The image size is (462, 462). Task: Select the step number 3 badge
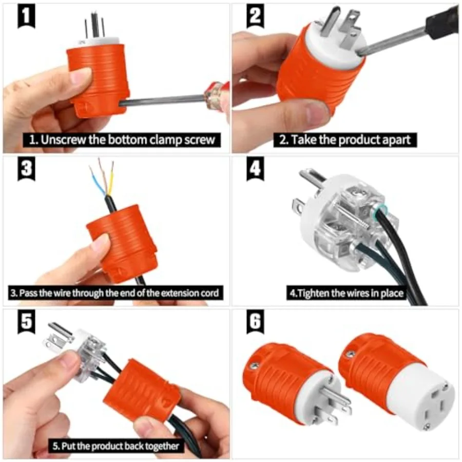click(25, 169)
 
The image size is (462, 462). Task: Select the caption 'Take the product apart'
click(344, 140)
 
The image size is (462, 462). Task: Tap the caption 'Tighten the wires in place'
click(345, 294)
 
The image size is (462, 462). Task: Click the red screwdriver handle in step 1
click(217, 95)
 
